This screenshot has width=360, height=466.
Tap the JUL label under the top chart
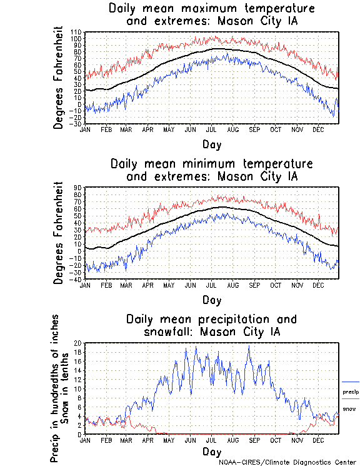[x=211, y=129]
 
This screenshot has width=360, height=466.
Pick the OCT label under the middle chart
[x=276, y=285]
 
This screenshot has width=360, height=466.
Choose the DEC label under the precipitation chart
[x=318, y=440]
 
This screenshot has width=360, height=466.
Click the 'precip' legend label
[x=351, y=392]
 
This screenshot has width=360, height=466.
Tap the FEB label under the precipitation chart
[x=106, y=440]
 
